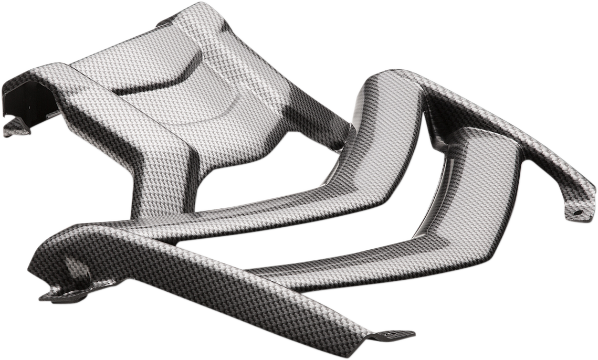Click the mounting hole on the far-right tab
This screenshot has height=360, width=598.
tap(578, 213)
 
